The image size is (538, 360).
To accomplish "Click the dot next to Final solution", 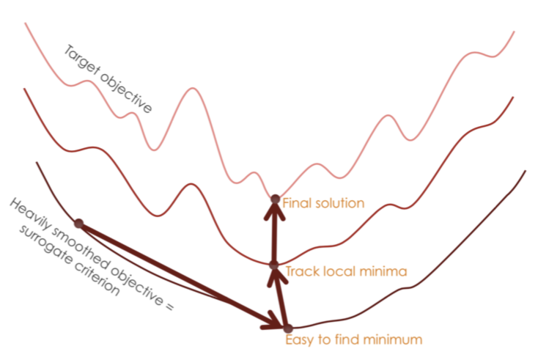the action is coord(276,199).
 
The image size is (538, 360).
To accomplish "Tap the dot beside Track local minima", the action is coord(274,265).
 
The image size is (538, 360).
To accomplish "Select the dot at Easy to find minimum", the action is coord(287,328).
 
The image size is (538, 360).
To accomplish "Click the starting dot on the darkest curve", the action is coord(78,224).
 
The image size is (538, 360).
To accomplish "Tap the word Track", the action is coord(301,272).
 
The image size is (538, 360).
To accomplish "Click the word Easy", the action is coord(298,340).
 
